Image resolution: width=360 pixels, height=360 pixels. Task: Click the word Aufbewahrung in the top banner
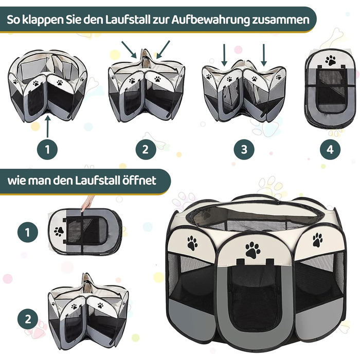tap(210, 20)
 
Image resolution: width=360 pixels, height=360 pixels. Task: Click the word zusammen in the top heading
tap(281, 20)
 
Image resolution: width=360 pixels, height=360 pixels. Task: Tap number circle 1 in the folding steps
tap(47, 150)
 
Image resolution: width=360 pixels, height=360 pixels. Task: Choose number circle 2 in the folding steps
tap(146, 150)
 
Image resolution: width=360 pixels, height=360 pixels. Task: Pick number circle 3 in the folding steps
tap(244, 150)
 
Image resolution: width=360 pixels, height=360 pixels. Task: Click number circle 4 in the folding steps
tap(330, 150)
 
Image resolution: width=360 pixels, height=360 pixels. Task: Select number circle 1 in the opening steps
tap(28, 232)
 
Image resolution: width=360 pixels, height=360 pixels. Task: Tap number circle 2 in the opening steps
tap(28, 319)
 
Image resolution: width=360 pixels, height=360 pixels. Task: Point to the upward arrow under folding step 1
tap(47, 127)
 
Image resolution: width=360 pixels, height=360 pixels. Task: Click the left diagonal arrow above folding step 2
tap(129, 49)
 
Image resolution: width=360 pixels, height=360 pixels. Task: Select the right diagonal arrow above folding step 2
tap(163, 49)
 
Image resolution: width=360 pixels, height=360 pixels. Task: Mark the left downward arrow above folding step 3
tap(224, 55)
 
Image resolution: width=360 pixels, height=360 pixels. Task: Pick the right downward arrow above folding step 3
tap(264, 55)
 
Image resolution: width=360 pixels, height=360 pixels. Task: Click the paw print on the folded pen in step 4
tap(330, 60)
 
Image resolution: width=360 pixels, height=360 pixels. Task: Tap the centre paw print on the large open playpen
tap(253, 250)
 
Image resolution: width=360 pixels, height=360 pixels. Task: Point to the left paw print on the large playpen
tap(192, 243)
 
